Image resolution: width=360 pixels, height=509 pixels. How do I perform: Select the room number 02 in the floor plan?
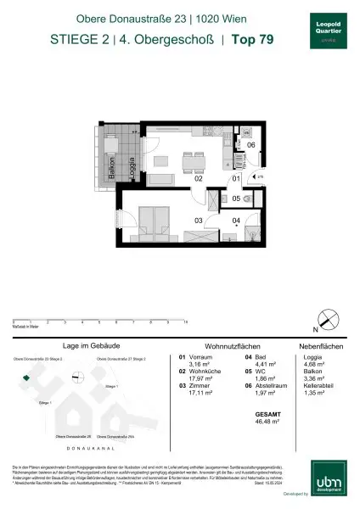tap(173, 179)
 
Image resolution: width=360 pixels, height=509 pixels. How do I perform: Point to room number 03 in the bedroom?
tap(173, 221)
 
